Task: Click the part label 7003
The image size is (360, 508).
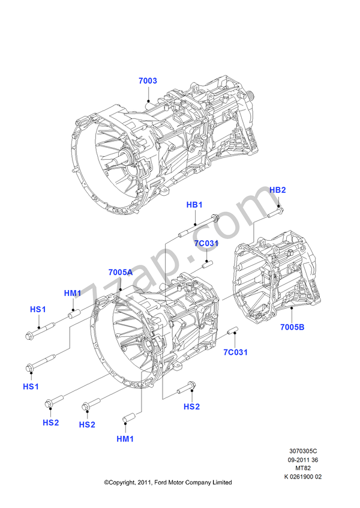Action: click(147, 80)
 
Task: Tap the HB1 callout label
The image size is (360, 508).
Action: click(194, 205)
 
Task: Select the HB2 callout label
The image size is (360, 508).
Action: click(277, 190)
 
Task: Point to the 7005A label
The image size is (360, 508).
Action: click(121, 272)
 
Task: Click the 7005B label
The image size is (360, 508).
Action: click(292, 327)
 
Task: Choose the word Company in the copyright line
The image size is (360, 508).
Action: click(197, 482)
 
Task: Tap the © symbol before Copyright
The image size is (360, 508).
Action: click(106, 482)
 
